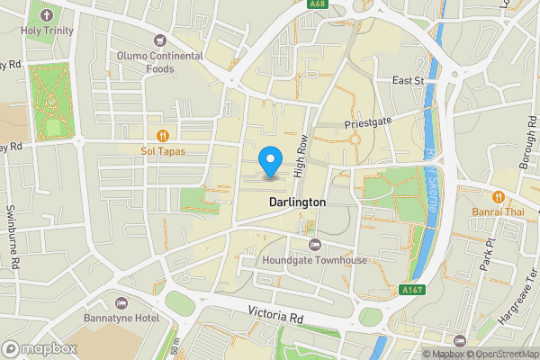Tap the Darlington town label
point(297,203)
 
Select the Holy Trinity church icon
point(47,15)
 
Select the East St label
point(408,80)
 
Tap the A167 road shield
point(411,289)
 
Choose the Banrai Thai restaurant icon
point(497,196)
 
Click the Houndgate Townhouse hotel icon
point(314,245)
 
